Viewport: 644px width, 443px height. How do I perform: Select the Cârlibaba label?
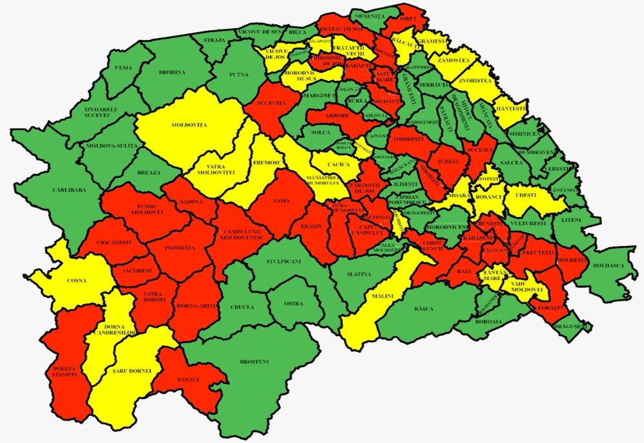[x=66, y=191]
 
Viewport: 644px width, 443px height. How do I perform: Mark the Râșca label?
[x=424, y=308]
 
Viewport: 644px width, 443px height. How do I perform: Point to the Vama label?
[x=281, y=201]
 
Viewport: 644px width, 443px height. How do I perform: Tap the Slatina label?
[x=359, y=274]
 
